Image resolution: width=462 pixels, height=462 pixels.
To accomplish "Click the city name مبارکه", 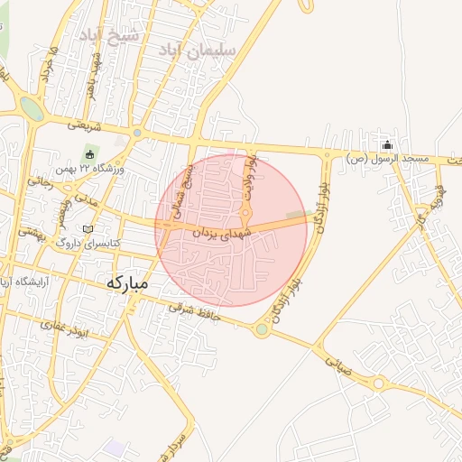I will (126, 282).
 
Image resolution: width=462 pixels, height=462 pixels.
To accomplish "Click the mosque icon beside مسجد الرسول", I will (388, 145).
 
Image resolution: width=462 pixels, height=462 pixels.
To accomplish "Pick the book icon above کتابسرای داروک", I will (88, 229).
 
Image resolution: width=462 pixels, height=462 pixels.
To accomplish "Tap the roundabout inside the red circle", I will (245, 213).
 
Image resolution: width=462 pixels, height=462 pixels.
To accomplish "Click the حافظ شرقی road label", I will (189, 310).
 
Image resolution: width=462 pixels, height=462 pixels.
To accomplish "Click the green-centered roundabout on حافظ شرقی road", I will (262, 329).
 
